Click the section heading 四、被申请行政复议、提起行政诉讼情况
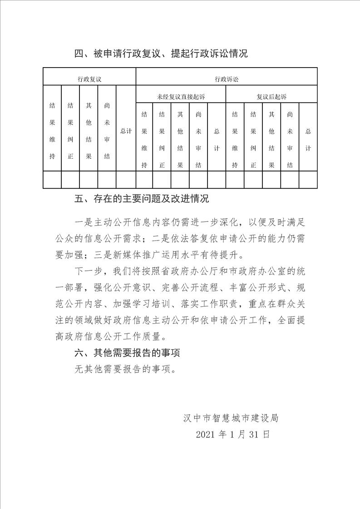(161, 54)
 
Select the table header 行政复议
(89, 78)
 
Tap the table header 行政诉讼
(226, 78)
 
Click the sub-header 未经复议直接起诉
(181, 97)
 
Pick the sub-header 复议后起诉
(271, 97)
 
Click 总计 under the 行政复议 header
(126, 131)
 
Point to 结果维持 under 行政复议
(52, 131)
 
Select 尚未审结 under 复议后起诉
(290, 139)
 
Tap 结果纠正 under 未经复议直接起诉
(162, 139)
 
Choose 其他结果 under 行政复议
(89, 131)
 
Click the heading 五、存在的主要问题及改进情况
(142, 199)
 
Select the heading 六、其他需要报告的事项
(130, 352)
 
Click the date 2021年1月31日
(233, 434)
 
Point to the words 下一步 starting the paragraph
(88, 271)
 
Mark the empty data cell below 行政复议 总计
(126, 180)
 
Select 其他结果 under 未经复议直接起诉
(180, 139)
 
